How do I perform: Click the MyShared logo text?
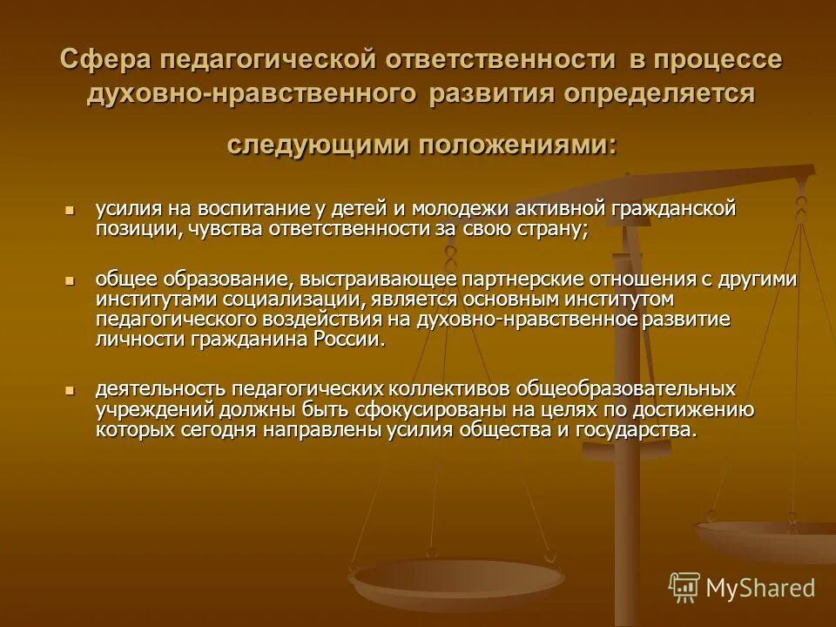coord(760,588)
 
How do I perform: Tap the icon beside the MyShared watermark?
coord(684,588)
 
